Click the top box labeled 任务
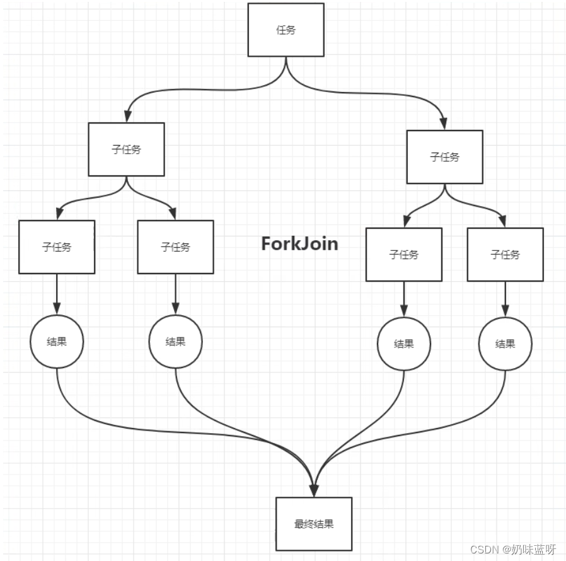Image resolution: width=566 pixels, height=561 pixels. coord(286,30)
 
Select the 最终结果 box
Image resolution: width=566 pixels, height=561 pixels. coord(314,523)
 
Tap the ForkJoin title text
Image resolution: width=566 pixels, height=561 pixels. coord(299,244)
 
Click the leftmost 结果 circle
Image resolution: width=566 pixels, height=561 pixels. coord(57,342)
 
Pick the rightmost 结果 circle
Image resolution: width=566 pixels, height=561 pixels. coord(505,344)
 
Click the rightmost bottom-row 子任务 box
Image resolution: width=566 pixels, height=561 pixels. coord(505,255)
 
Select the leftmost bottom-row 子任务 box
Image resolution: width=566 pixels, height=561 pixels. coord(57,247)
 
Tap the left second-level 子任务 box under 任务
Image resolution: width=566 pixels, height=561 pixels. coord(126,149)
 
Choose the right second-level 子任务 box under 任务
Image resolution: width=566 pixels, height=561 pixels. coord(445,157)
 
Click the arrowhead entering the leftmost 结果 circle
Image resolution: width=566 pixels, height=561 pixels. coord(57,309)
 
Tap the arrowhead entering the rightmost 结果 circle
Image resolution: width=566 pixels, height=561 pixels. coord(505,311)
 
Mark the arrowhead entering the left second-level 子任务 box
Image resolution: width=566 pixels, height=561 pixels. coord(127,116)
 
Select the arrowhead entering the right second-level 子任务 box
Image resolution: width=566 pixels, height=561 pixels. coord(445,124)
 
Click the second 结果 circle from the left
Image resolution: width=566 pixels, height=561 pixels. coord(176,342)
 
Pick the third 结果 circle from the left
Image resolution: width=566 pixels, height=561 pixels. coord(404,344)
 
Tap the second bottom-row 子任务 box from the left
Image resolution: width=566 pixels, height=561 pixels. coord(176,247)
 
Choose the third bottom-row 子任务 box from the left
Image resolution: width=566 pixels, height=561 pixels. coord(404,255)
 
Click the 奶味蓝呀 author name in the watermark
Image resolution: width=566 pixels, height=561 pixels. coord(533,549)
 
